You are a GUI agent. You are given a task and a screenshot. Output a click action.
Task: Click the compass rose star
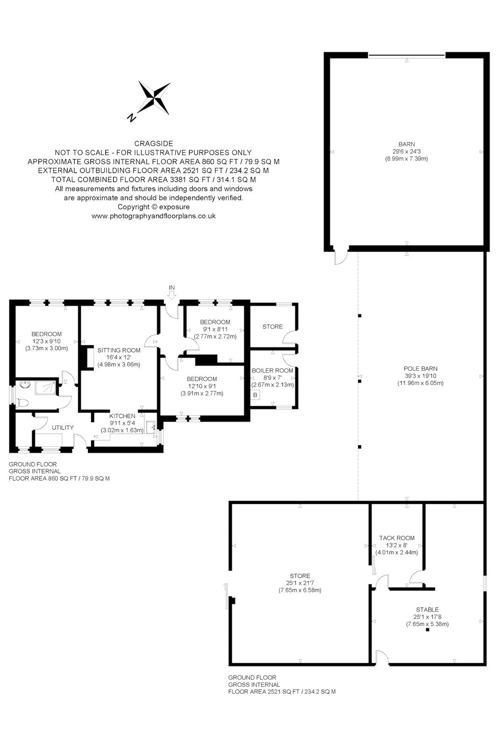click(x=154, y=98)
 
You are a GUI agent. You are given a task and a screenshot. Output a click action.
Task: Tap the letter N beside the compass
click(x=132, y=117)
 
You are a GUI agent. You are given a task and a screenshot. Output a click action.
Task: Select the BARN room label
click(x=406, y=144)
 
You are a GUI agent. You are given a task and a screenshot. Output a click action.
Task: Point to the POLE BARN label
click(x=420, y=369)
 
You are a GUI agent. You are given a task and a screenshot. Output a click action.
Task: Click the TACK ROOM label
click(x=397, y=538)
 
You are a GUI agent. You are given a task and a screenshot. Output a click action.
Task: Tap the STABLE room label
click(x=427, y=610)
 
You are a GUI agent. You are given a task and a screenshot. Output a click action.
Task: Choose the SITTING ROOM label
click(x=119, y=350)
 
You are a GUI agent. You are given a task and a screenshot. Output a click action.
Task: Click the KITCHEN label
click(x=122, y=416)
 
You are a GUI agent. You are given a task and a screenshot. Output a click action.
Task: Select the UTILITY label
click(x=63, y=427)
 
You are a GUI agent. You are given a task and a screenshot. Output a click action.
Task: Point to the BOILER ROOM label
click(x=272, y=370)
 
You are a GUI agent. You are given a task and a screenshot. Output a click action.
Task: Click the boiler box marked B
click(x=256, y=395)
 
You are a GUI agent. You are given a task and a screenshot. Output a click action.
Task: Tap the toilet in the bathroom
click(x=21, y=402)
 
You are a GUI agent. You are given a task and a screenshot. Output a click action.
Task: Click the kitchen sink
click(x=151, y=427)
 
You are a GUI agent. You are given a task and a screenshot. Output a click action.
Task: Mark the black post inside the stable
click(x=427, y=629)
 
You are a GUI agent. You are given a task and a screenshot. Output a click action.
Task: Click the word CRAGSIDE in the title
click(x=154, y=144)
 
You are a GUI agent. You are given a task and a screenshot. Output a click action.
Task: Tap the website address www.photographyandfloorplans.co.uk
click(x=154, y=216)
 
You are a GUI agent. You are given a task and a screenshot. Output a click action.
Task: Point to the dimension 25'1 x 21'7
click(x=300, y=583)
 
